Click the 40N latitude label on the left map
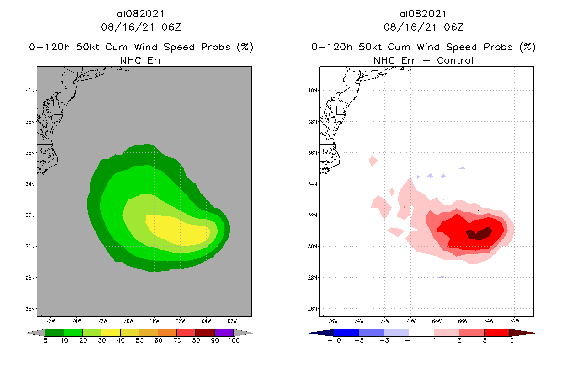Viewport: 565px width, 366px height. coord(31,91)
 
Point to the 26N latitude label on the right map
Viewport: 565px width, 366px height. coord(313,309)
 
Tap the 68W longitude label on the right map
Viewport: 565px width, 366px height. coord(437,320)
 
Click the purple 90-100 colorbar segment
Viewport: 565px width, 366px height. coord(224,333)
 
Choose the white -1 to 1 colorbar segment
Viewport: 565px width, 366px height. coord(421,333)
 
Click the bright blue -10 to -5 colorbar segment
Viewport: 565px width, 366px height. coord(346,333)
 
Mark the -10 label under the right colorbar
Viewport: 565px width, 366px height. coord(334,340)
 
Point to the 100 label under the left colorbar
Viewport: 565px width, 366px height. coord(234,340)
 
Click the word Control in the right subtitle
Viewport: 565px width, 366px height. coord(455,60)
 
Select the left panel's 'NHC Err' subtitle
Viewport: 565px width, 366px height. coord(141,60)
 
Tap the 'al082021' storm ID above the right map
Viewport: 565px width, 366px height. coord(423,14)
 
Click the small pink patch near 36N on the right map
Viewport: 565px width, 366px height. coord(373,161)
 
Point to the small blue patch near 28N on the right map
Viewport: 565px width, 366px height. coord(441,277)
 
